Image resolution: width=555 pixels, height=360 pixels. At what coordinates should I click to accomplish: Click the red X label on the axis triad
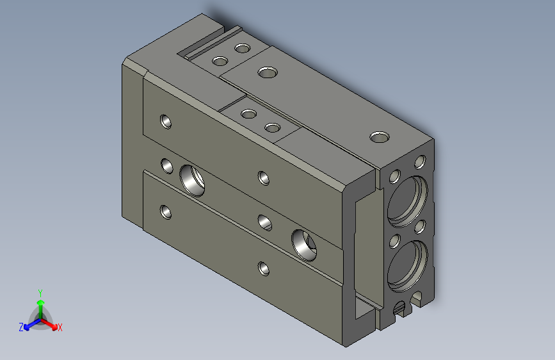click(60, 327)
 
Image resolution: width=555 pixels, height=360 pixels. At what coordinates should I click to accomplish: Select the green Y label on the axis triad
click(40, 291)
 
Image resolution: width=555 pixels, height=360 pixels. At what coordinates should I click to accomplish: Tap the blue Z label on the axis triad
click(21, 327)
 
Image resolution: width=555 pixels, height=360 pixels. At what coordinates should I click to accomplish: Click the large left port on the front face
click(192, 179)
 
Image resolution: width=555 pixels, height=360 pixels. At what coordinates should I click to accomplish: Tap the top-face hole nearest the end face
click(380, 136)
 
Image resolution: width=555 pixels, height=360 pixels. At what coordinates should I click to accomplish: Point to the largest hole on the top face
click(268, 72)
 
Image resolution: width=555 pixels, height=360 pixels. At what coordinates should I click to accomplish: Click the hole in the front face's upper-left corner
click(166, 120)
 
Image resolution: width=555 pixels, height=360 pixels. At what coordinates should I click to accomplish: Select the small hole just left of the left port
click(166, 167)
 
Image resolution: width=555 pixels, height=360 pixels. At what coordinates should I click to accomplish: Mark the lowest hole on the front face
click(264, 268)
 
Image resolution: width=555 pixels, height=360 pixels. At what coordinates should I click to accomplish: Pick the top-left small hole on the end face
click(395, 174)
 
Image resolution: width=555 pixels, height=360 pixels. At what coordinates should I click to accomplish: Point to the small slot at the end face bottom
click(400, 309)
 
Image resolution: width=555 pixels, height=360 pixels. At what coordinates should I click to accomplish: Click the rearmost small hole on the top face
click(242, 48)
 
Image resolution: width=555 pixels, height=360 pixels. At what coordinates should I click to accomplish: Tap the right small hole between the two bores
click(420, 226)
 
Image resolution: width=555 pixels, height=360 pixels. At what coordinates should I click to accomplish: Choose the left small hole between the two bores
click(394, 241)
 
